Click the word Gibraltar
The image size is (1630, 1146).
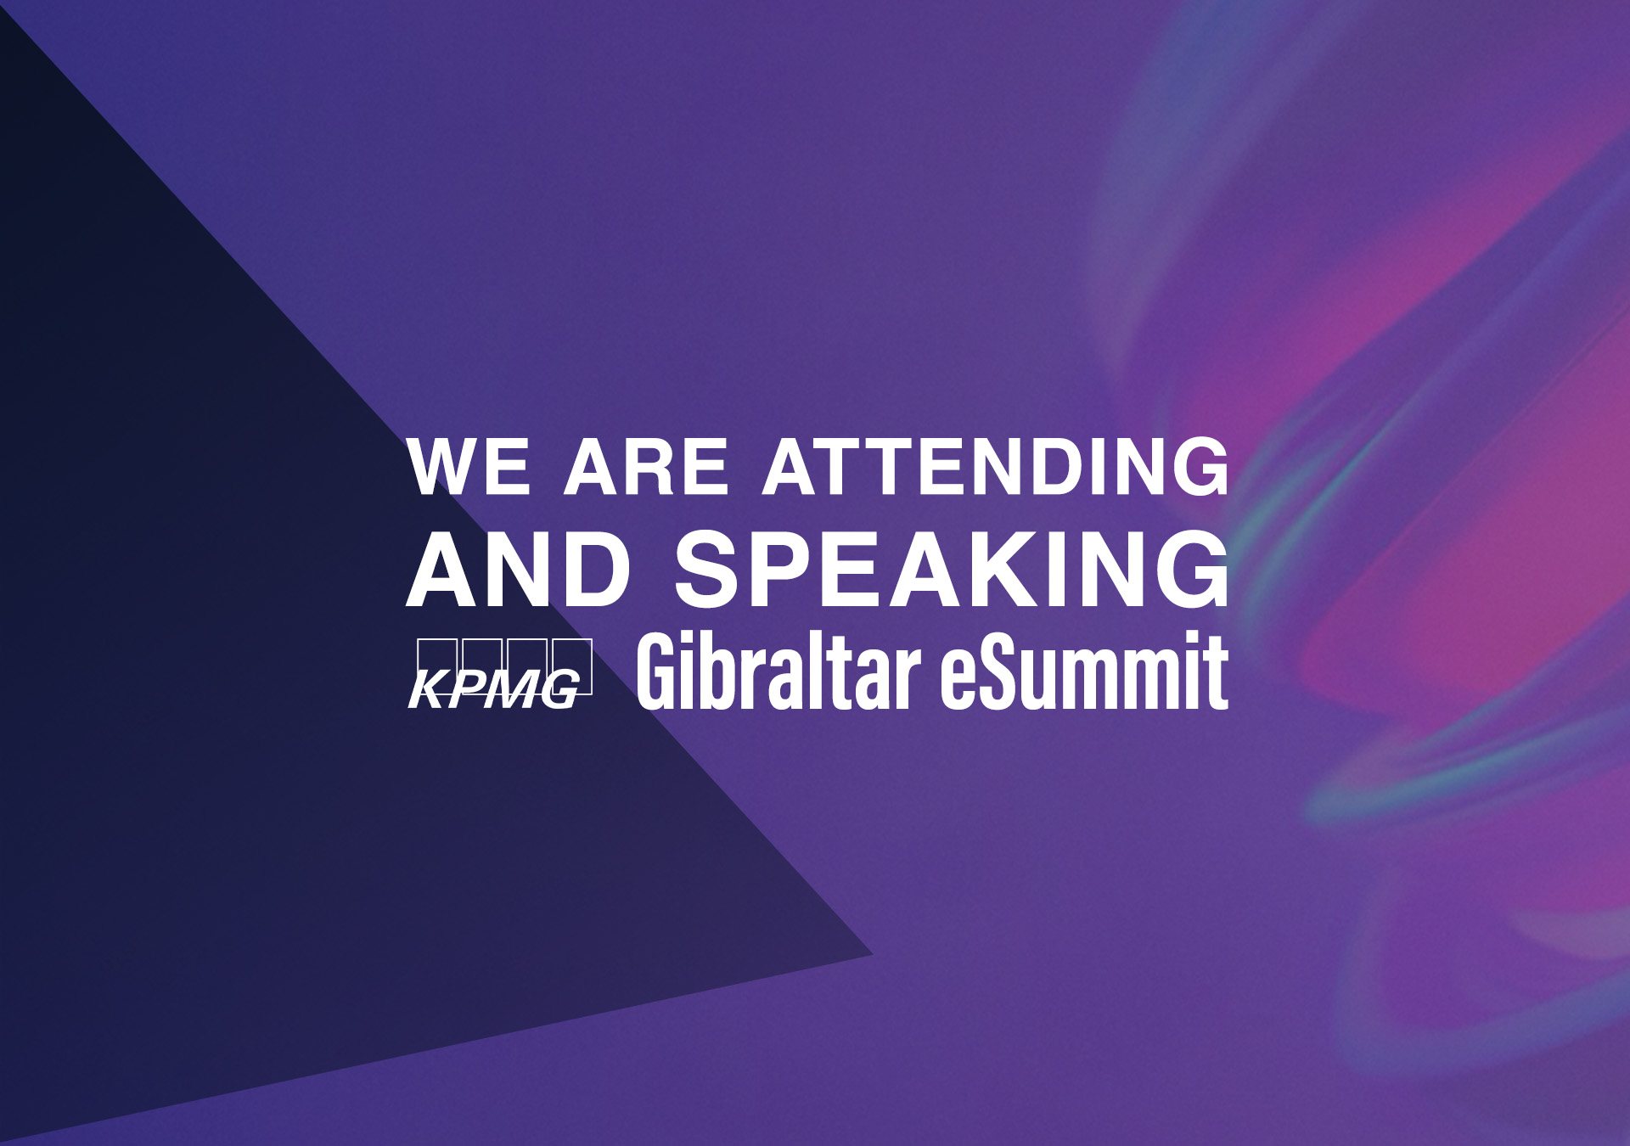(x=779, y=671)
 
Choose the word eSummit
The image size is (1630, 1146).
(x=1084, y=671)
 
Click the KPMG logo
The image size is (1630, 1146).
(x=500, y=673)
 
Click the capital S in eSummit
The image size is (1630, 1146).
(x=998, y=671)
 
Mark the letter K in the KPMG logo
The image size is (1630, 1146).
(x=429, y=688)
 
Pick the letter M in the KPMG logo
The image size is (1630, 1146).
(x=515, y=688)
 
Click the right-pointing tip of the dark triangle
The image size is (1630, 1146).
(x=872, y=954)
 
